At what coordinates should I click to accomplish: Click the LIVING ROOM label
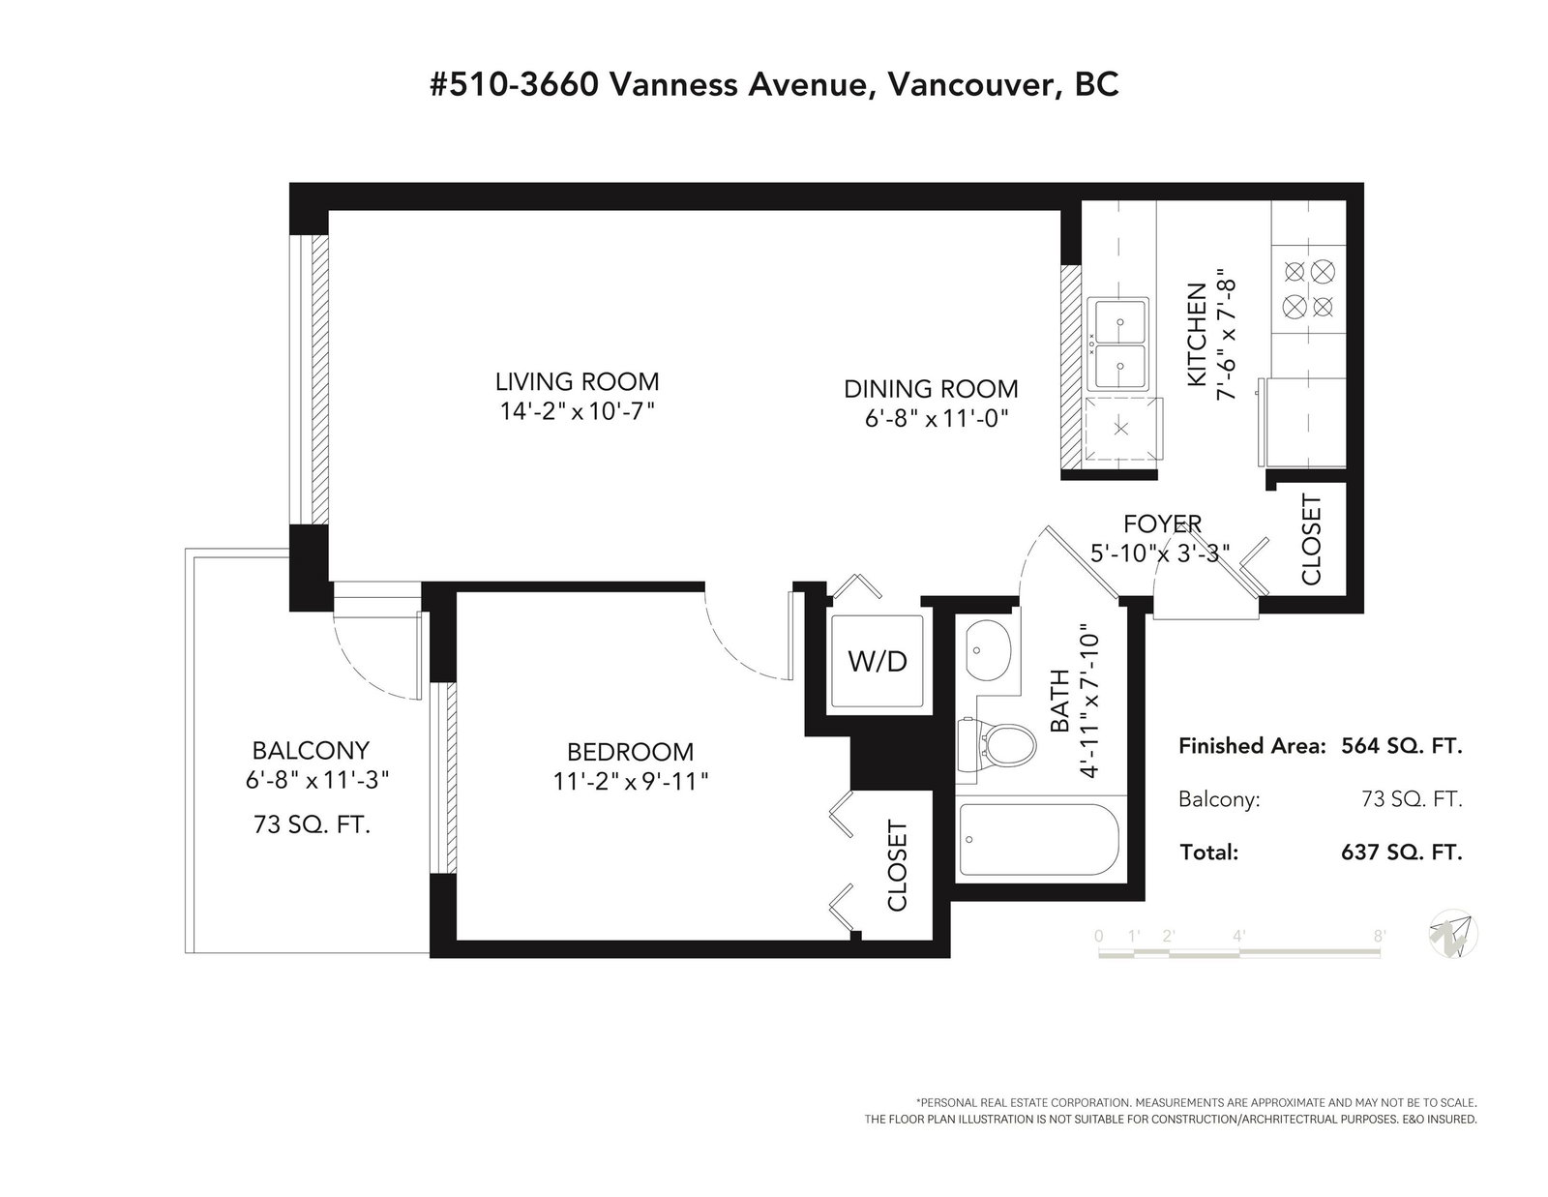(x=577, y=381)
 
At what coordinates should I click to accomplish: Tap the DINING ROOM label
(x=931, y=389)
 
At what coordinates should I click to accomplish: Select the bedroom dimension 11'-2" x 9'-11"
(x=631, y=782)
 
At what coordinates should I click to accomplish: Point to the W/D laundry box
(x=877, y=661)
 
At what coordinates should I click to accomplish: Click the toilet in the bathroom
(x=995, y=743)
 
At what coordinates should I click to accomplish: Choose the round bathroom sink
(x=987, y=650)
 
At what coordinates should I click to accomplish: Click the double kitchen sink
(x=1119, y=344)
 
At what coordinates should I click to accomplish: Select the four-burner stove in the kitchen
(x=1309, y=289)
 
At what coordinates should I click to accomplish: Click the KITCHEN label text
(x=1197, y=335)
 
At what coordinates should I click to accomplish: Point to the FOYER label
(x=1162, y=524)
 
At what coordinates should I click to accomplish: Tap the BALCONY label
(x=311, y=750)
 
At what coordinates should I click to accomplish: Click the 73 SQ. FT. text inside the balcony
(x=313, y=825)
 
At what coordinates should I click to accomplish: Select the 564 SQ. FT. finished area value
(x=1401, y=746)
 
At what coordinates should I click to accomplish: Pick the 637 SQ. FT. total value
(x=1401, y=853)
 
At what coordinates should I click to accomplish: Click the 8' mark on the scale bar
(x=1379, y=936)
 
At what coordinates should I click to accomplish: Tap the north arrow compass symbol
(x=1453, y=934)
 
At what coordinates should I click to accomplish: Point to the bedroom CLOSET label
(x=897, y=866)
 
